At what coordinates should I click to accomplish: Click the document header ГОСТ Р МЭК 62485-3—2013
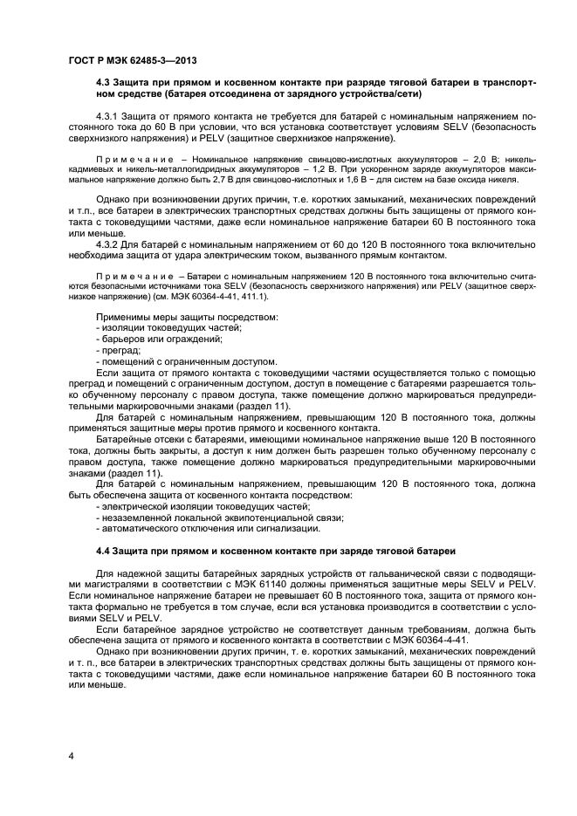tap(131, 60)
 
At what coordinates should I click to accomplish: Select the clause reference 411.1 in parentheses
tap(253, 297)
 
